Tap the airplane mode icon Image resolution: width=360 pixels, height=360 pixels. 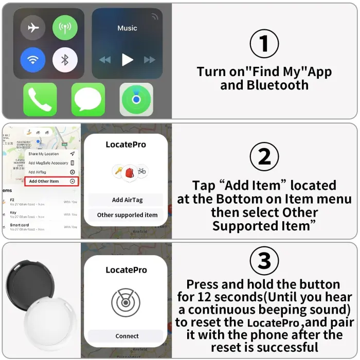[x=33, y=28]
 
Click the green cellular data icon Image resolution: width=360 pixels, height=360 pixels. [x=65, y=28]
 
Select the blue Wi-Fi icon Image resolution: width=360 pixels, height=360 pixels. [x=33, y=60]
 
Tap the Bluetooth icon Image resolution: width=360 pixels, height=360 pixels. [x=65, y=60]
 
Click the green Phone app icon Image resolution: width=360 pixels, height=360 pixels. [x=40, y=99]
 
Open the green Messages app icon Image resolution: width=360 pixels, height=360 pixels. [x=88, y=99]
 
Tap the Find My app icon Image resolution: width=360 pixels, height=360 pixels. [x=136, y=99]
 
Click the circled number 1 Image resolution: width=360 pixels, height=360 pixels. [x=264, y=44]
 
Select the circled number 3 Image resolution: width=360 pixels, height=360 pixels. [x=264, y=261]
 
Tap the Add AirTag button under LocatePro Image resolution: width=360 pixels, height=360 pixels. [x=126, y=200]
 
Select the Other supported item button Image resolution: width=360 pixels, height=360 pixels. [x=126, y=214]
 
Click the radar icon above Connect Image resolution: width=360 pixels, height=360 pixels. [x=126, y=303]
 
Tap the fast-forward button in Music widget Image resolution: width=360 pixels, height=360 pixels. [x=150, y=60]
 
